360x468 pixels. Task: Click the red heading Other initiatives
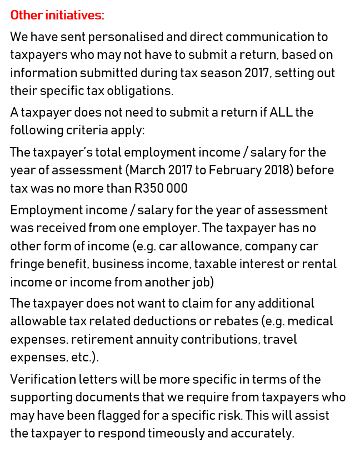coord(57,15)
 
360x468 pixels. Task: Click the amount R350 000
coord(161,188)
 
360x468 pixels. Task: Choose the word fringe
coord(26,264)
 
